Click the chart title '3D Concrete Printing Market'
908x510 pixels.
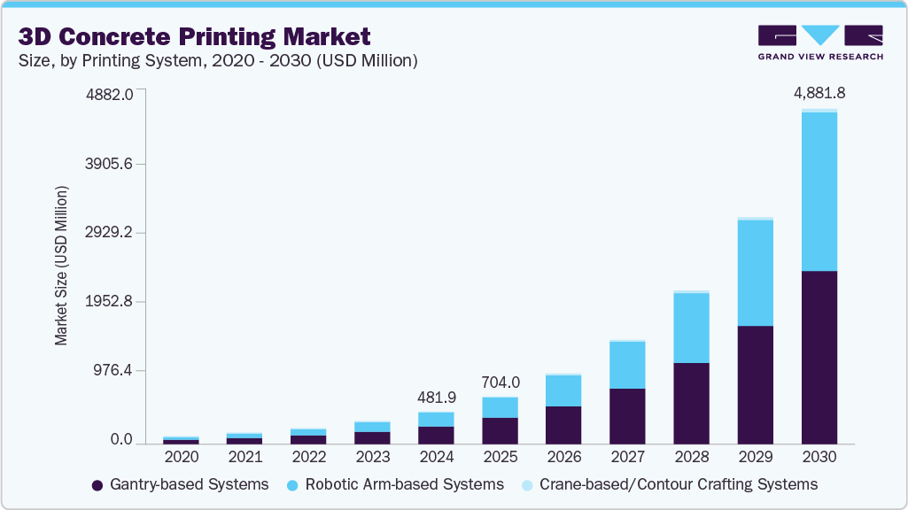(194, 36)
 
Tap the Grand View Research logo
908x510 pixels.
(820, 42)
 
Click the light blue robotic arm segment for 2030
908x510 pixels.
(819, 191)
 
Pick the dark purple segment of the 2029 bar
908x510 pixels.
(755, 384)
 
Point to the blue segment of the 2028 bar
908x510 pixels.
(691, 328)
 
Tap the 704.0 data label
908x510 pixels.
(501, 383)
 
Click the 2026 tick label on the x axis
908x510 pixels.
(563, 457)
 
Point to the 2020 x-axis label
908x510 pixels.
(181, 457)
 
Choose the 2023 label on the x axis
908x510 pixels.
(372, 457)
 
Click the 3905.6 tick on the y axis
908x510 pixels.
(110, 164)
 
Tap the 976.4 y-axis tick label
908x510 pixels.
(114, 370)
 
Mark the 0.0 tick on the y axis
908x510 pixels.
(122, 440)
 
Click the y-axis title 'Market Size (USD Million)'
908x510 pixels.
(61, 266)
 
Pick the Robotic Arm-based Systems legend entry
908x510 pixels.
(395, 484)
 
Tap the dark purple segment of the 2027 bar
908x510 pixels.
(627, 415)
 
